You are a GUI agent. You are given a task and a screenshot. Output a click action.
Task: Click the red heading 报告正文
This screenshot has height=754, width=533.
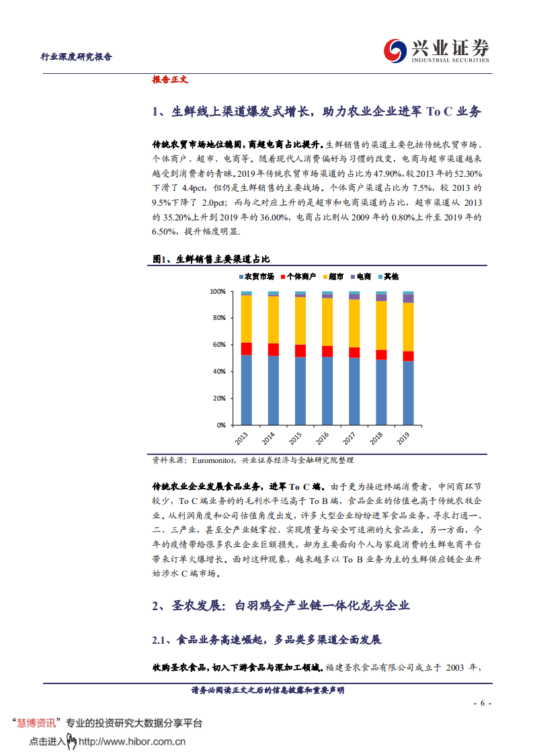[x=170, y=79]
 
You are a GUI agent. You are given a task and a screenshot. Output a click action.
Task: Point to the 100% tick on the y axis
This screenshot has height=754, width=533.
[x=217, y=292]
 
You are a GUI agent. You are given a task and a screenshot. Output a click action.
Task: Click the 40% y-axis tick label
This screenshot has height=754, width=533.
[x=219, y=372]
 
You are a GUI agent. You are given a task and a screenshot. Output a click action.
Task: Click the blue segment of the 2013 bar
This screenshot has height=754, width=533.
[x=247, y=390]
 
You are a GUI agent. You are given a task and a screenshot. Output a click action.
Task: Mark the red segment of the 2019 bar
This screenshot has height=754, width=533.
[x=408, y=356]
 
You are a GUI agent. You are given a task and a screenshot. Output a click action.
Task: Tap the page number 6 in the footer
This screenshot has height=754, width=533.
[x=482, y=703]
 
